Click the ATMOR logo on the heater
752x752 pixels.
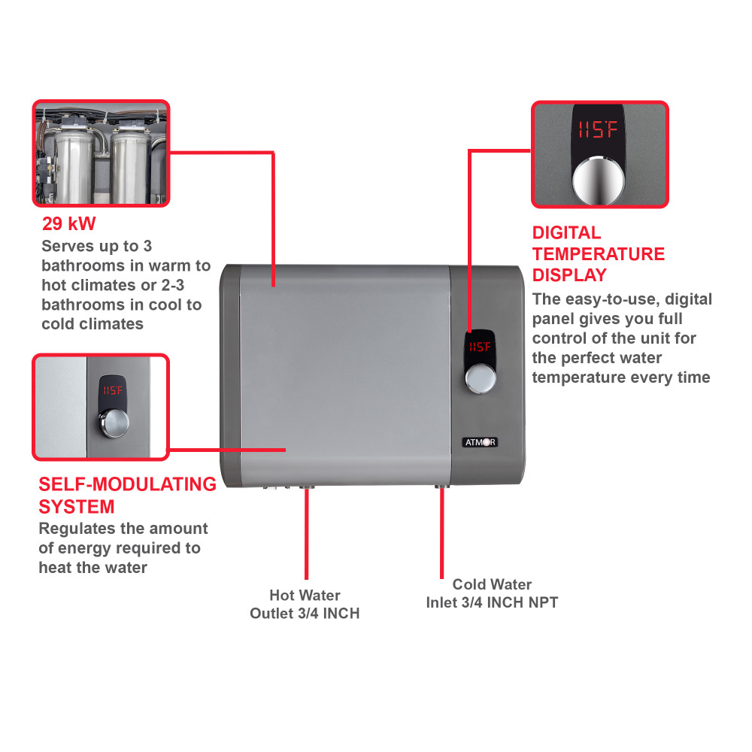(x=479, y=442)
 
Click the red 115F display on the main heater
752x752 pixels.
(x=479, y=347)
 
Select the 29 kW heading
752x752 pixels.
(x=69, y=223)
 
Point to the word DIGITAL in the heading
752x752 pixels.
(x=566, y=233)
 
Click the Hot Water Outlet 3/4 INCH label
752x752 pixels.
(x=305, y=605)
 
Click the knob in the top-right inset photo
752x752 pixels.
(x=599, y=180)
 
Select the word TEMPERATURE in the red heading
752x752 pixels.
(x=598, y=254)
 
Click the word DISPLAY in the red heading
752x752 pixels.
(x=569, y=275)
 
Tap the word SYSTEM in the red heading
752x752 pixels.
(x=77, y=506)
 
